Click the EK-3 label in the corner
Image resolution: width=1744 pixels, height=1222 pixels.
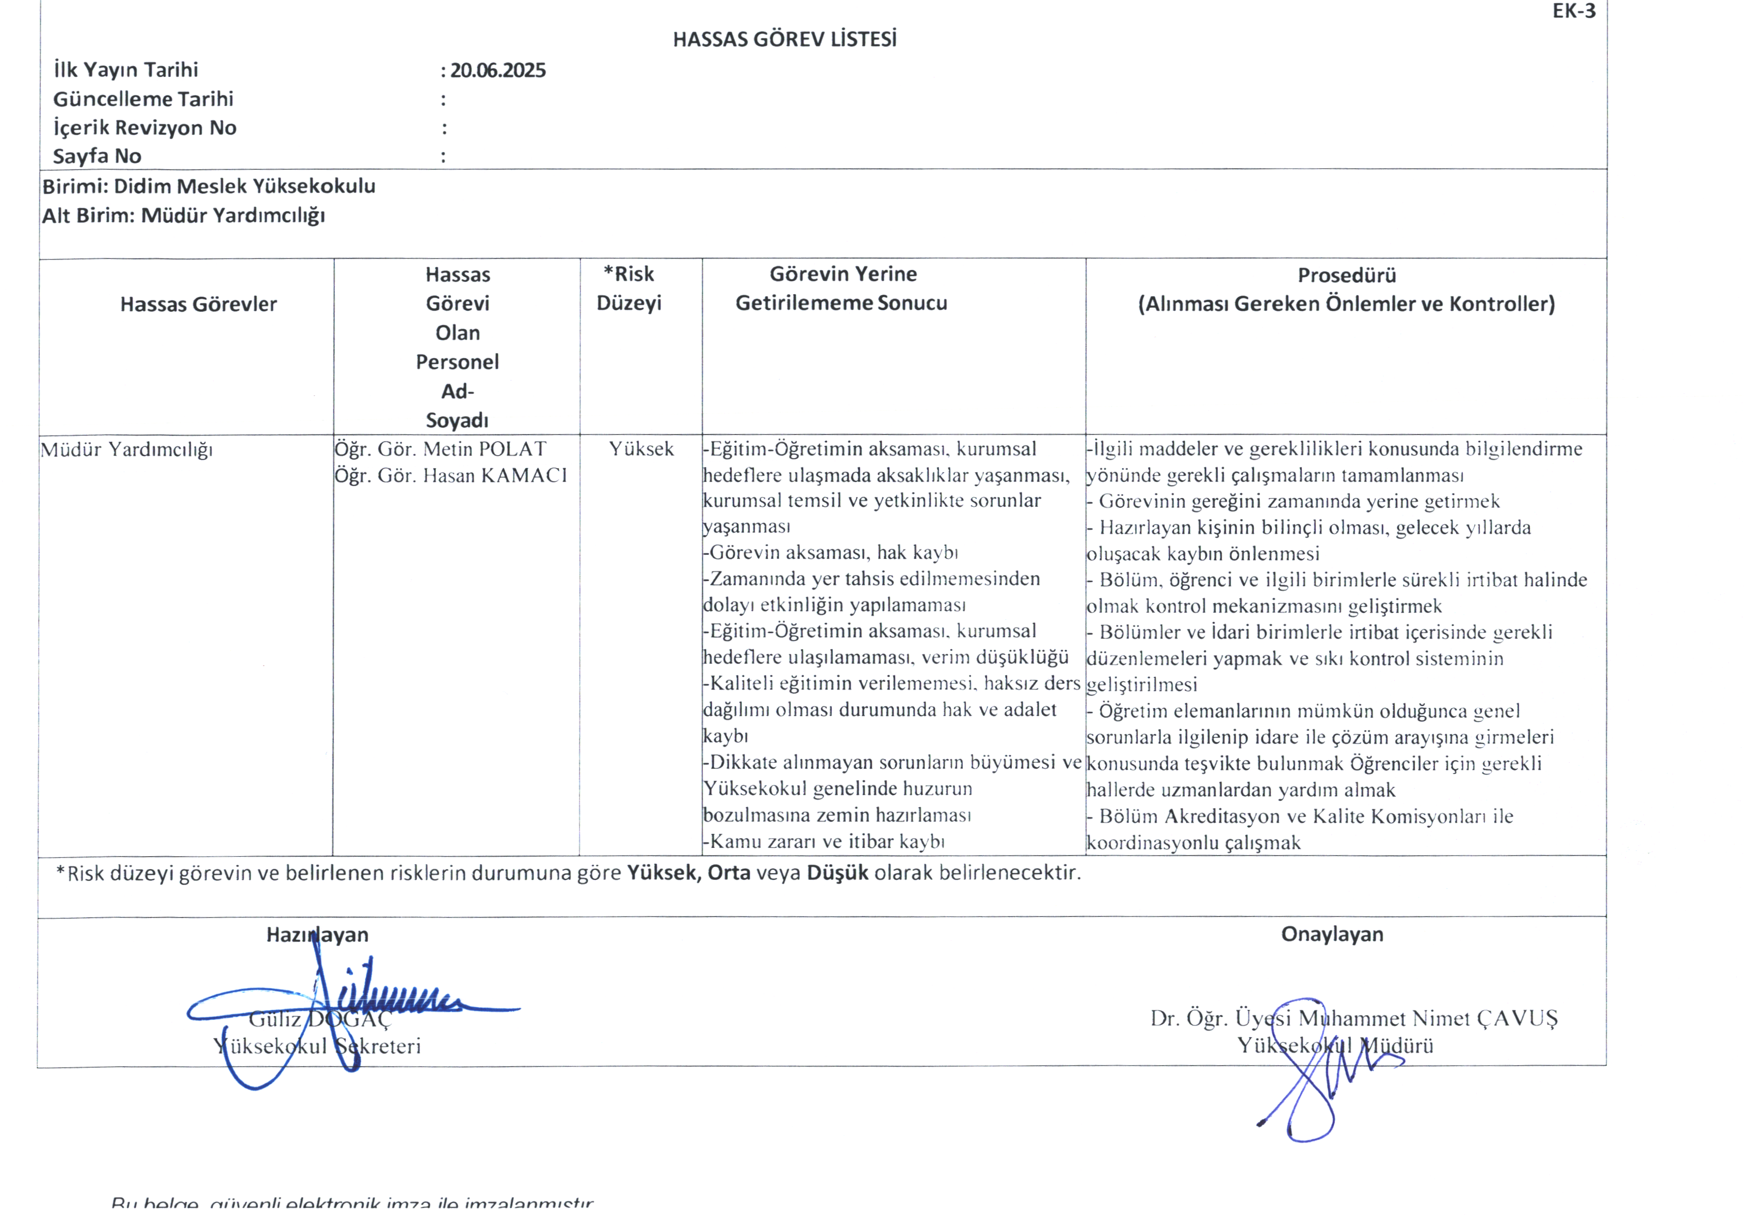click(x=1574, y=11)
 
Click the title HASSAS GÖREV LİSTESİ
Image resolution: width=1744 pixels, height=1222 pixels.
click(x=785, y=40)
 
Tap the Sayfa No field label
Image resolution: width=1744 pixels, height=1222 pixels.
click(x=97, y=156)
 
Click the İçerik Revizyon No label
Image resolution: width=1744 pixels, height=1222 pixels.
click(x=145, y=127)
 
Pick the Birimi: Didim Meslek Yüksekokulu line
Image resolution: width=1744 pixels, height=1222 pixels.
click(x=209, y=186)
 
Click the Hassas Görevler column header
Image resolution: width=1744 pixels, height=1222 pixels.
click(x=198, y=304)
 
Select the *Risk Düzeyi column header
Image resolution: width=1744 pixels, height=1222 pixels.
click(x=629, y=288)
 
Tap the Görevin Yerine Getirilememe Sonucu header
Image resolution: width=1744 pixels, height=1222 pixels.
click(x=842, y=288)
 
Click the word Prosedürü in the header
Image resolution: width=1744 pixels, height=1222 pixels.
click(x=1346, y=275)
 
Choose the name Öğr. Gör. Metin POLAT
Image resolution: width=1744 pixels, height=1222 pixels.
click(x=441, y=449)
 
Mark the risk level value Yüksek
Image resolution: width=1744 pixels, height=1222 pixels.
click(x=641, y=449)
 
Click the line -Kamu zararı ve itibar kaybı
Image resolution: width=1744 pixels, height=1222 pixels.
click(x=823, y=842)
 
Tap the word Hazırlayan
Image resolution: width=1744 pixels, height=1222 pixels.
click(x=317, y=935)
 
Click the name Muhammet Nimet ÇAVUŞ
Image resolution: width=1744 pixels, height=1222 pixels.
click(x=1428, y=1019)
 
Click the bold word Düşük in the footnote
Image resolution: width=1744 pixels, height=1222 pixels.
click(x=837, y=873)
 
